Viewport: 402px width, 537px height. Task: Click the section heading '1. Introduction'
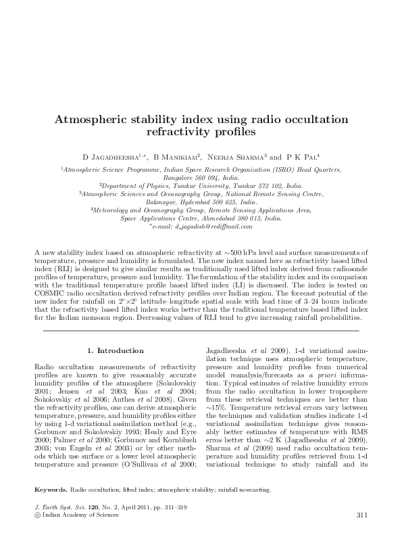[116, 350]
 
